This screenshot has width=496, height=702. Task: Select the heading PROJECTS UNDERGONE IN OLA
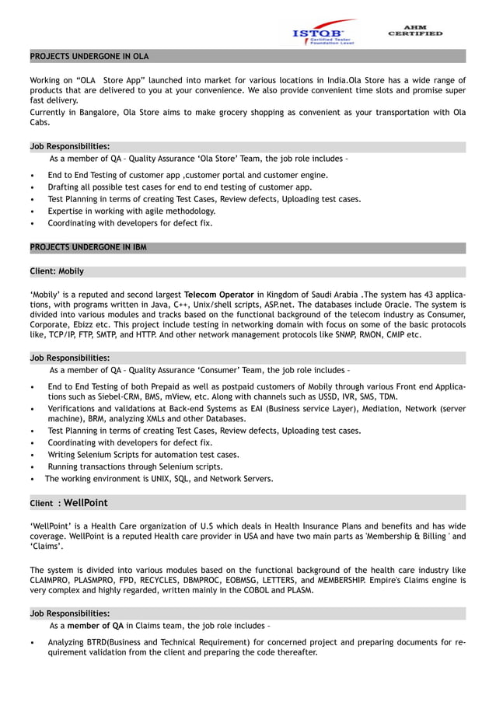(89, 57)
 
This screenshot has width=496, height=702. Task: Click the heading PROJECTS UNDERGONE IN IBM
(88, 248)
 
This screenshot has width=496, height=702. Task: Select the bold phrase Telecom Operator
(218, 295)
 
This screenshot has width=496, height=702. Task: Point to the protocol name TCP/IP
(58, 335)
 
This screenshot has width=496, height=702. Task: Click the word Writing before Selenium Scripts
(62, 455)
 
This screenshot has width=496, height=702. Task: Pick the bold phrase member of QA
(96, 625)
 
